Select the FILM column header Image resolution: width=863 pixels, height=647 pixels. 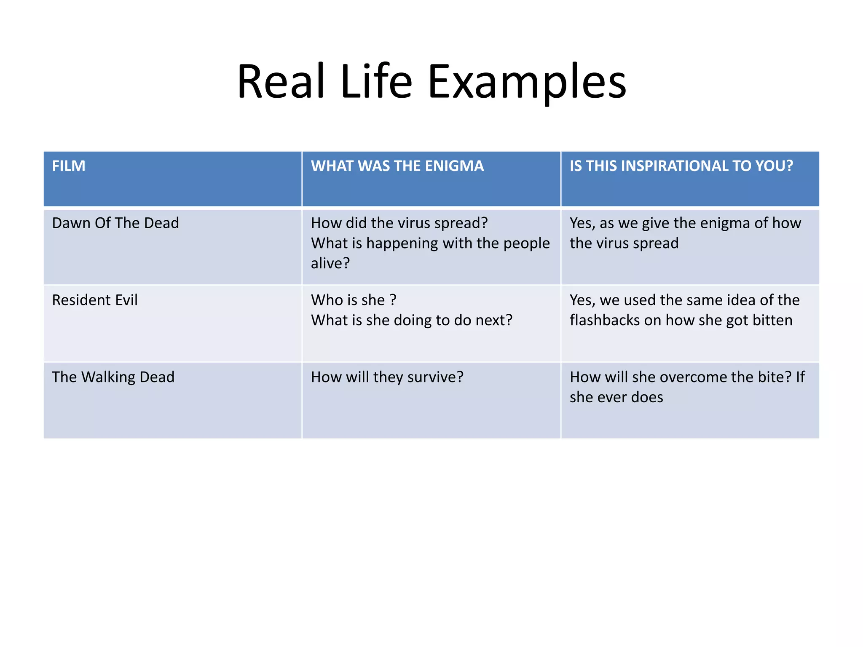[69, 166]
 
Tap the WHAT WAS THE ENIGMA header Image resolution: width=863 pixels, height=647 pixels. [397, 166]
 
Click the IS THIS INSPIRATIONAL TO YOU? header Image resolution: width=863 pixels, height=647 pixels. [681, 166]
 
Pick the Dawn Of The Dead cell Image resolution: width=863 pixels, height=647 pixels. [115, 223]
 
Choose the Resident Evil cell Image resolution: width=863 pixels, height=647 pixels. [95, 300]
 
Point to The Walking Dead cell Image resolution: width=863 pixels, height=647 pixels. [113, 377]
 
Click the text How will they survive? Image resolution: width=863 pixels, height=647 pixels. [387, 377]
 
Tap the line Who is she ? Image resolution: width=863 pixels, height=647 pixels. [354, 300]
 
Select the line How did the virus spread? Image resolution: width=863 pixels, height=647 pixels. [399, 223]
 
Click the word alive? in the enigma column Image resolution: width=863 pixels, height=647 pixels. [330, 263]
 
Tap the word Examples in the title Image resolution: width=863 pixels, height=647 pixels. [527, 82]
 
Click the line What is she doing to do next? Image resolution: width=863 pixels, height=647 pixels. [412, 320]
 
